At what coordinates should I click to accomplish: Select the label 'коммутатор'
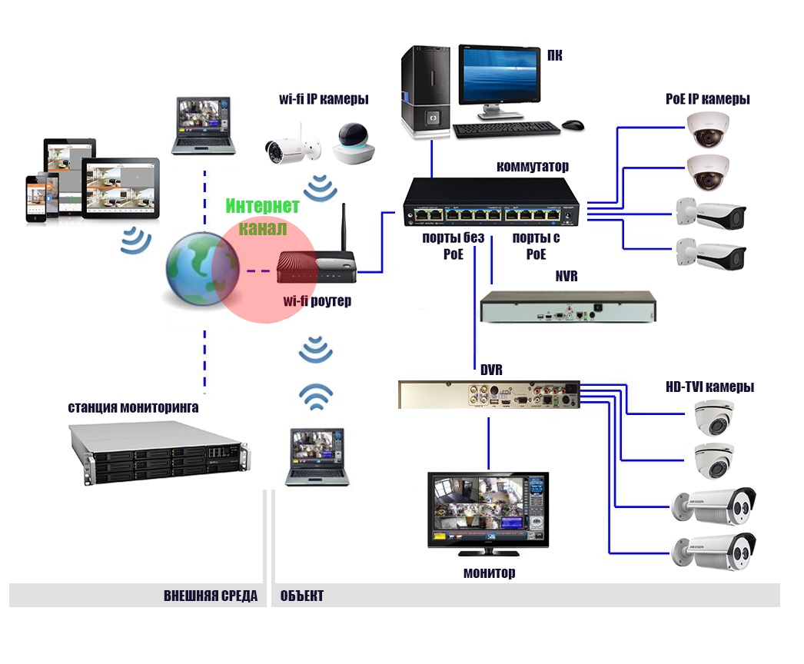533,166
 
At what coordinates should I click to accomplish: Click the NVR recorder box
568,307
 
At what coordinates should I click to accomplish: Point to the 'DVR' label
491,370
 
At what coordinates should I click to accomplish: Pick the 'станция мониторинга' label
133,407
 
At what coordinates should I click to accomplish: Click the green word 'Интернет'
262,206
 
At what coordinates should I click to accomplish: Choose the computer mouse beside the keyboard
572,124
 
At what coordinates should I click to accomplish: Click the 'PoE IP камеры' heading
707,99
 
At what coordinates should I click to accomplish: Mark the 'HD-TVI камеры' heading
709,387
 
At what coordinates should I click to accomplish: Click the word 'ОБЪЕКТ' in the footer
302,596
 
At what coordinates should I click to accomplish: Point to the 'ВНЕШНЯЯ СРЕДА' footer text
210,596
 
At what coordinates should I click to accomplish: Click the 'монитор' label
489,573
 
